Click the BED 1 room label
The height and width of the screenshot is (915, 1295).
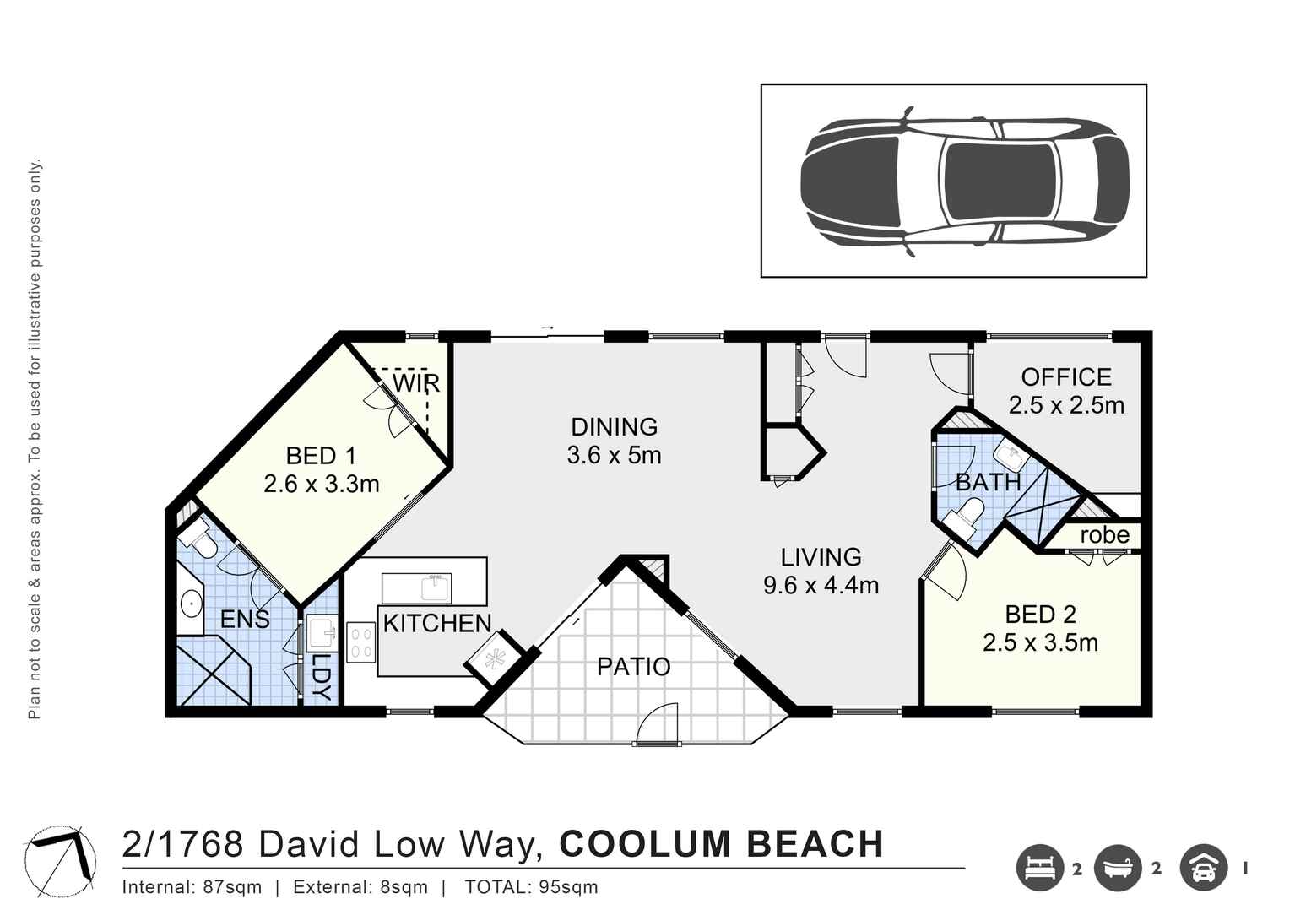click(x=321, y=456)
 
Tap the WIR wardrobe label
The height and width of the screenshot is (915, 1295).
click(x=416, y=383)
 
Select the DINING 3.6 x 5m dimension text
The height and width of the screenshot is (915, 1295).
click(x=614, y=456)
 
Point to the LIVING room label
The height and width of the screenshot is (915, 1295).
click(x=821, y=557)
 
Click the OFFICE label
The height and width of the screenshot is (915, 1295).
click(x=1066, y=376)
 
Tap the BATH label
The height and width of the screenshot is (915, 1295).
click(x=988, y=483)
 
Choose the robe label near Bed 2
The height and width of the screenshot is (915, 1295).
click(x=1104, y=535)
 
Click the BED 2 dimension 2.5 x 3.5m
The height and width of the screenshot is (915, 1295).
click(x=1040, y=643)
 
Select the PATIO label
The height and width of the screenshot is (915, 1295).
click(x=633, y=667)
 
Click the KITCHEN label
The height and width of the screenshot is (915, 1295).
click(x=437, y=624)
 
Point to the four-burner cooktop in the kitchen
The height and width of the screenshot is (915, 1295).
click(x=361, y=642)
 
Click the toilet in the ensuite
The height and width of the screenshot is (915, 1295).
click(x=198, y=539)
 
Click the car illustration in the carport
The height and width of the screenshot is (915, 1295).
click(x=964, y=181)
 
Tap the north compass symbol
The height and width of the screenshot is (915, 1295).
click(x=60, y=862)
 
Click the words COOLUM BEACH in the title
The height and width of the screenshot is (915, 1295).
click(x=722, y=845)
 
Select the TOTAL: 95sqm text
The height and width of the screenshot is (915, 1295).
click(x=531, y=887)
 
